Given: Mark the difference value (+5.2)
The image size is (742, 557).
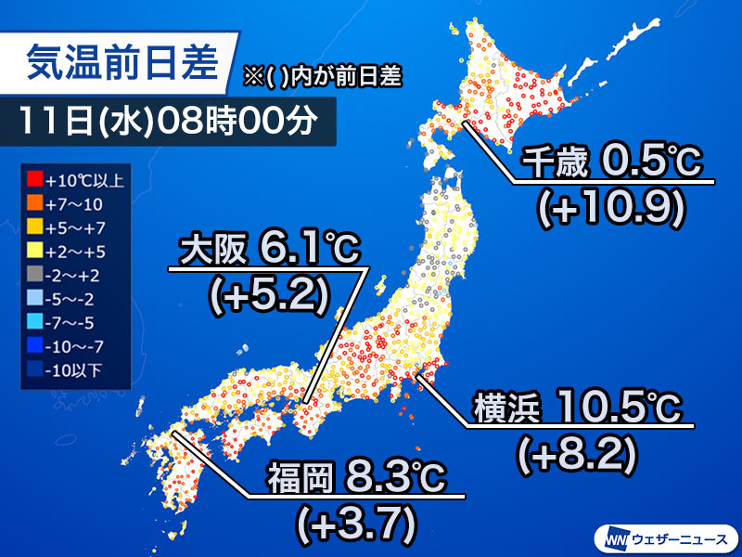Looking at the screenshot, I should [x=269, y=294].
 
